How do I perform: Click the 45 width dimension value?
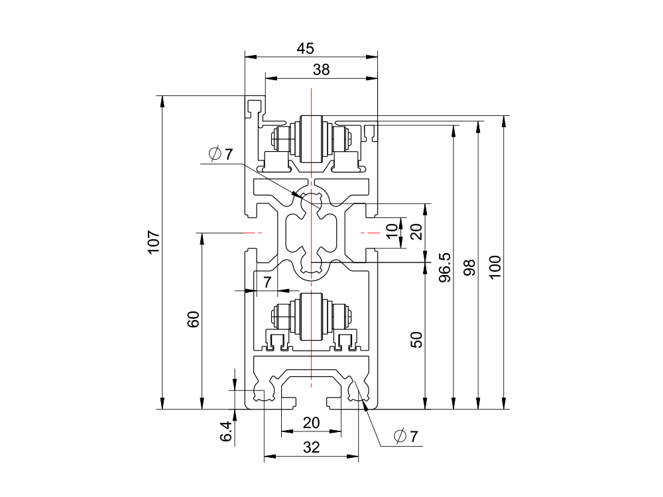tap(305, 48)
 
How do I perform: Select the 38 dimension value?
tap(321, 70)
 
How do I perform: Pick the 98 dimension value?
tap(469, 267)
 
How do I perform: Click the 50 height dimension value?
tap(416, 340)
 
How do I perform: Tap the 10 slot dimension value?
tap(392, 231)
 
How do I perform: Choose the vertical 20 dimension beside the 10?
tap(416, 231)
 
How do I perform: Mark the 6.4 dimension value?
tap(226, 431)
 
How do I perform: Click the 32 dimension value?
tap(311, 447)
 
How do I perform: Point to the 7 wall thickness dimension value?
tap(267, 282)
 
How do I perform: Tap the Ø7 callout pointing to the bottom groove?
tap(406, 437)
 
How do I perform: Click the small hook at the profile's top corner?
tap(253, 106)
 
